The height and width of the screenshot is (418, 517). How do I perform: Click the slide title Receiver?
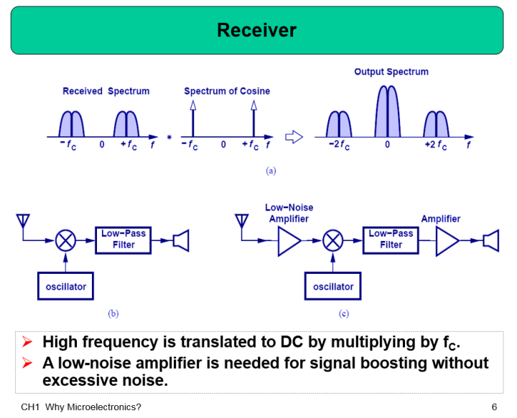(x=256, y=30)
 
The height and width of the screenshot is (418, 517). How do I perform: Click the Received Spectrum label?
(x=106, y=91)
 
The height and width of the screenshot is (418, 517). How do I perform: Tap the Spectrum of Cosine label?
(x=227, y=91)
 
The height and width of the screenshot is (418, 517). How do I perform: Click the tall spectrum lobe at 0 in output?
(x=387, y=112)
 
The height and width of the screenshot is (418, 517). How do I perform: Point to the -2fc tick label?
(x=340, y=146)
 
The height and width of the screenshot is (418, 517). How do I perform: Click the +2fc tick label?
(x=436, y=146)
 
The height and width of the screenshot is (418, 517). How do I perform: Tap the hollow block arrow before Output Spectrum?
(x=294, y=136)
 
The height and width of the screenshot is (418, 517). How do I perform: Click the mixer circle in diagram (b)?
(x=66, y=240)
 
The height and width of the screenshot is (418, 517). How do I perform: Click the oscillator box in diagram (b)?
(x=66, y=287)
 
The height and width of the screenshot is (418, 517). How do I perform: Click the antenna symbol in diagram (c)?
(x=243, y=219)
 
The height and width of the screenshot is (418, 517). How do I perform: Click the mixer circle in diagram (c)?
(x=333, y=240)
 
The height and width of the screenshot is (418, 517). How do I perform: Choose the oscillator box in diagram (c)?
(x=333, y=287)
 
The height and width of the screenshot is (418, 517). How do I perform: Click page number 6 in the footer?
(x=494, y=407)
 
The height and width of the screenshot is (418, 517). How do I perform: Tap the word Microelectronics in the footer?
(x=106, y=407)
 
